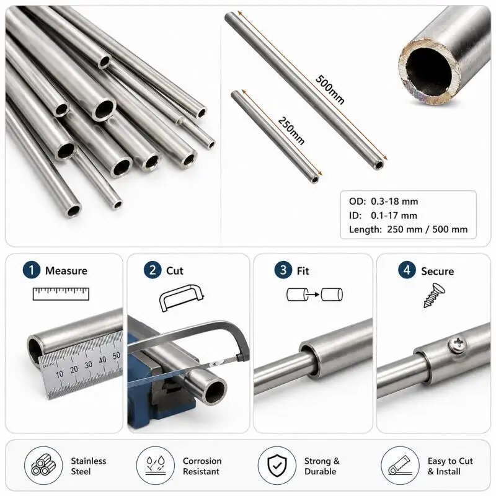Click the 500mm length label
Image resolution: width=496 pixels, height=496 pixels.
coord(330,90)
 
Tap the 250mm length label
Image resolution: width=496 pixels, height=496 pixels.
coord(291,131)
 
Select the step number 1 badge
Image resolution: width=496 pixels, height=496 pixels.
coord(32,270)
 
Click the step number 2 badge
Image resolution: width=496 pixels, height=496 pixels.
coord(153,270)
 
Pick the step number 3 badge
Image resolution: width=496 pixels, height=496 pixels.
coord(283,270)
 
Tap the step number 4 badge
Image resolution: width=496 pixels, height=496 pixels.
coord(407,270)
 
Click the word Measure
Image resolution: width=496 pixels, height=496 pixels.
coord(66,271)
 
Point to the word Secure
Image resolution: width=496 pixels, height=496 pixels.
coord(438,271)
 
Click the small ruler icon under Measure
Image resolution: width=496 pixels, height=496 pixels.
coord(61,294)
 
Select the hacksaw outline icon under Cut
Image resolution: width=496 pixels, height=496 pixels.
coord(182,298)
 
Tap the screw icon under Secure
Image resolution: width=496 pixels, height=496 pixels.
coord(435,296)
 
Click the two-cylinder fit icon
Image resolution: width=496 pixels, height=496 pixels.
coord(315,294)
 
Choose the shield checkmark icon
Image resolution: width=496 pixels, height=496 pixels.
coord(277,466)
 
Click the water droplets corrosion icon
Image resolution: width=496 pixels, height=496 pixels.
coord(156,466)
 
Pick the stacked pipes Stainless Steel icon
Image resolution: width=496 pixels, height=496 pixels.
coord(43,466)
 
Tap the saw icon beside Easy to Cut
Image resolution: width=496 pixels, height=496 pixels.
coord(399,466)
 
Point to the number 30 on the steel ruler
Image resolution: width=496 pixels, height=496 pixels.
coord(88,365)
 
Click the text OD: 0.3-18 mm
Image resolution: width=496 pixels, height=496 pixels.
coord(383,201)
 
